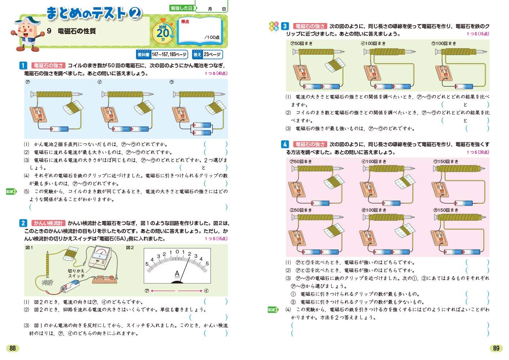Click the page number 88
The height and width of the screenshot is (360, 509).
click(x=13, y=348)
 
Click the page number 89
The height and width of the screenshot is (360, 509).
click(x=496, y=348)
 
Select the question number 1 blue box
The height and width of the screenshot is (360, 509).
click(x=23, y=66)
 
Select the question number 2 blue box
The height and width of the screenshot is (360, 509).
click(x=23, y=223)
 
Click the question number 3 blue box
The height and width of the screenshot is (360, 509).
click(x=285, y=26)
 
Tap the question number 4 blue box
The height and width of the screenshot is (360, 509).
click(x=285, y=144)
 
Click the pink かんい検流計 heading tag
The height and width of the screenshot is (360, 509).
click(x=48, y=223)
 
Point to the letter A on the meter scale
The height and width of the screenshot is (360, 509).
click(x=177, y=274)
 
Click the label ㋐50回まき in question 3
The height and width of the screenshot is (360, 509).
click(x=301, y=43)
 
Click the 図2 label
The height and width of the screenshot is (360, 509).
click(x=130, y=248)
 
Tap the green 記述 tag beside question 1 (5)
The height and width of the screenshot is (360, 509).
click(x=11, y=192)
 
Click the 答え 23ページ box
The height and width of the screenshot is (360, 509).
click(x=208, y=55)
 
